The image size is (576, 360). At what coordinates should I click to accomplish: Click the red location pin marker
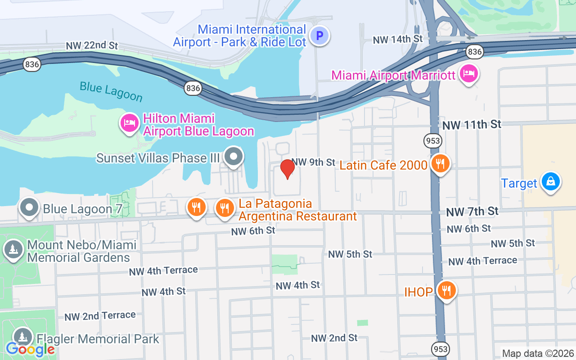click(288, 169)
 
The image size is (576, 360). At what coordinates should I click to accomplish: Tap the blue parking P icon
click(320, 36)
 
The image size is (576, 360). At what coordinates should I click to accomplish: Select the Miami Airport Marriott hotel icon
click(469, 73)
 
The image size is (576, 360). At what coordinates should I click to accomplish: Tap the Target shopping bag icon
click(550, 182)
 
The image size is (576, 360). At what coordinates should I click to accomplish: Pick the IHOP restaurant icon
click(446, 291)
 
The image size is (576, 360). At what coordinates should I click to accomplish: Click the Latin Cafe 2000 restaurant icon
click(440, 164)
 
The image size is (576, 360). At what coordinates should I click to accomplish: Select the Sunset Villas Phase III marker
click(234, 157)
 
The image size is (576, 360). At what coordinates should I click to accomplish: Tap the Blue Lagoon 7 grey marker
click(30, 208)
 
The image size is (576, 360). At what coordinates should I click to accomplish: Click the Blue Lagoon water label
click(111, 91)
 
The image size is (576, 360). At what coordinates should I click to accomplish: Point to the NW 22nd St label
click(92, 46)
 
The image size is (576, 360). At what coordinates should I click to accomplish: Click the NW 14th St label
click(398, 40)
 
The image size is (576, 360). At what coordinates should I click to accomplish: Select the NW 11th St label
click(472, 125)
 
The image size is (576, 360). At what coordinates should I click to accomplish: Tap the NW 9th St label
click(314, 162)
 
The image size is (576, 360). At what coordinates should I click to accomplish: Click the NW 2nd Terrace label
click(100, 316)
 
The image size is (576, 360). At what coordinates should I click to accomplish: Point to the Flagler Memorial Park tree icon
click(22, 337)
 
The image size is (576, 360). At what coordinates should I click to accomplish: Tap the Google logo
click(30, 349)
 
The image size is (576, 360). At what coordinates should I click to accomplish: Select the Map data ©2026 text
click(538, 353)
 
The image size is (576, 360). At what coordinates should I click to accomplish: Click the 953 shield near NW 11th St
click(432, 141)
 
